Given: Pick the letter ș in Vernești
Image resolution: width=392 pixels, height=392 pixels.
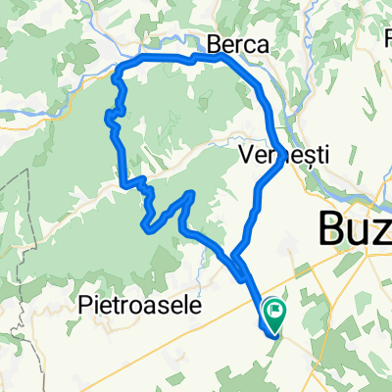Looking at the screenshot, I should coord(312,156).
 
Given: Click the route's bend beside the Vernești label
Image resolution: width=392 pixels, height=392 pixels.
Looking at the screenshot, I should coord(282,162).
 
